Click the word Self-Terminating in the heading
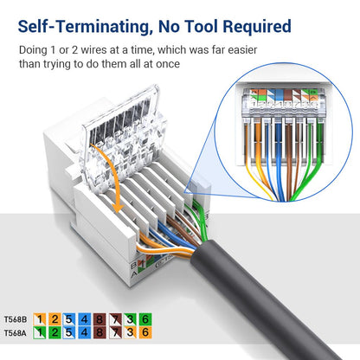(x=83, y=27)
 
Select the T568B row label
(x=15, y=319)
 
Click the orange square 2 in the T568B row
(x=54, y=319)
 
